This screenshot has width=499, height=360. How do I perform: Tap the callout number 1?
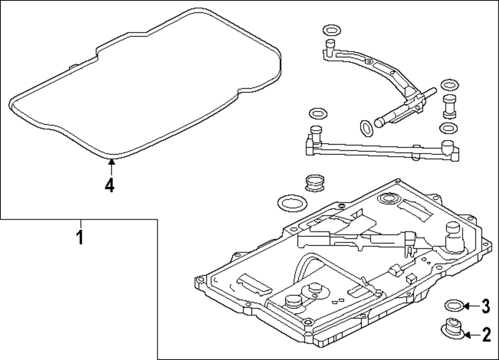(x=79, y=236)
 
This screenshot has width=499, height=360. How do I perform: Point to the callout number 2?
(x=486, y=335)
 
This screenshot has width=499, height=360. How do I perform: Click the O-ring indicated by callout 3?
(x=453, y=305)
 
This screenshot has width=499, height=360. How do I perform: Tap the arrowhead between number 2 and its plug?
(x=467, y=335)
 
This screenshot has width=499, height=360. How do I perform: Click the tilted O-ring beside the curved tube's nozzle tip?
(x=366, y=128)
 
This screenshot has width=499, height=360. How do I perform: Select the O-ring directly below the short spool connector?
(x=448, y=128)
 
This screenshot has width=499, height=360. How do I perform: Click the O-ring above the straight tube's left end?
(x=316, y=114)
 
